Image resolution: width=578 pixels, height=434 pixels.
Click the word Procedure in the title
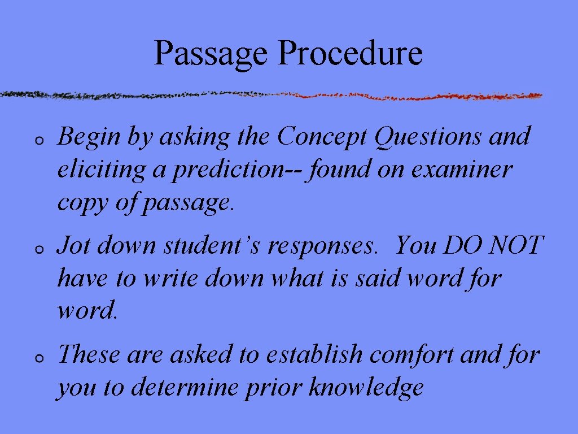pos(350,53)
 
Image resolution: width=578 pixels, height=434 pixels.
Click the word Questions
pos(426,137)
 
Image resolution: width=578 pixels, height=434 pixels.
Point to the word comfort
pos(412,355)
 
